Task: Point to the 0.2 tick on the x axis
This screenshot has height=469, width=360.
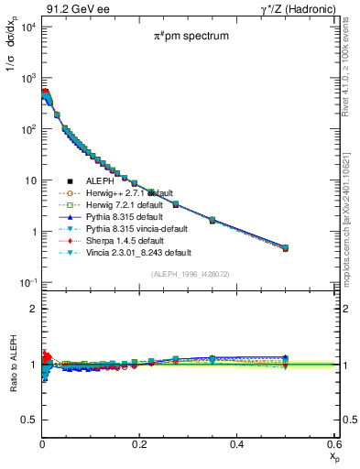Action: coord(139,444)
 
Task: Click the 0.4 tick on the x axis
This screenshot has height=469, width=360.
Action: coord(237,444)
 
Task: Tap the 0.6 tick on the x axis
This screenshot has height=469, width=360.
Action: coord(334,444)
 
